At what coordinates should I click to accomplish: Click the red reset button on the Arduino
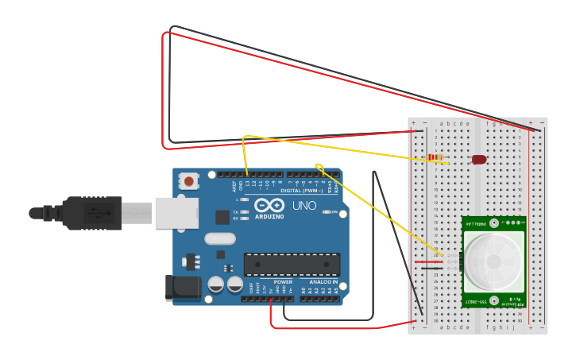(188, 182)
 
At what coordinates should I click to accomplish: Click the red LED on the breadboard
(479, 160)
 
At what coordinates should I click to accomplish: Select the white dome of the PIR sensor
(493, 261)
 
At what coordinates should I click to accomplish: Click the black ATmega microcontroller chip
(292, 265)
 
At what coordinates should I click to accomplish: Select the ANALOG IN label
(323, 282)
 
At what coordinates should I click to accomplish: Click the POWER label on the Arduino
(283, 282)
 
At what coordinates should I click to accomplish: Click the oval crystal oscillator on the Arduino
(220, 238)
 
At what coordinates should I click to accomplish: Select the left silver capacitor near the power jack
(215, 284)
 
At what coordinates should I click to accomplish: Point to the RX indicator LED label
(237, 218)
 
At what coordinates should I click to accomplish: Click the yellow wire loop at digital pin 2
(319, 167)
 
